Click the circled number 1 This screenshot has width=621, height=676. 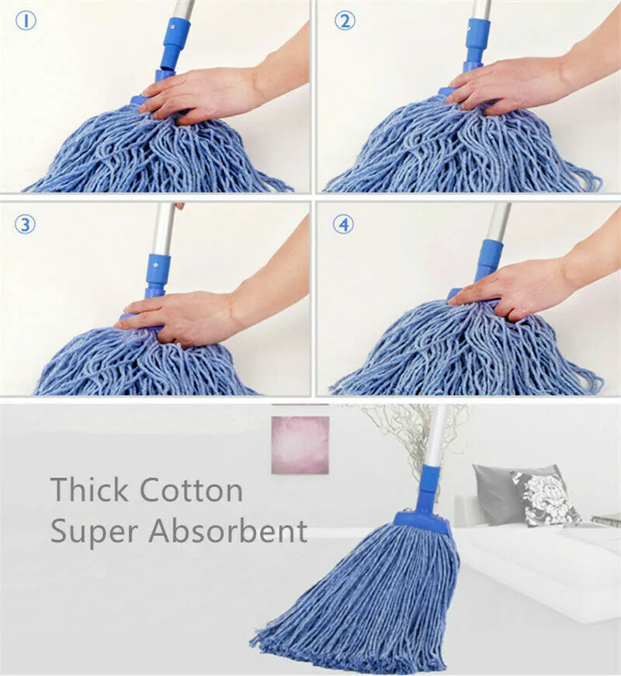click(26, 21)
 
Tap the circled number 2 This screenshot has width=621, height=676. click(345, 20)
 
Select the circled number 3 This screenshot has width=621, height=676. click(25, 224)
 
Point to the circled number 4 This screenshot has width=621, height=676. click(343, 224)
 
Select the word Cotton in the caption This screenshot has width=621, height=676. click(192, 490)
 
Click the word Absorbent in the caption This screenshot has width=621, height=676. click(227, 530)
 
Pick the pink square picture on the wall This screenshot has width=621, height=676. click(300, 445)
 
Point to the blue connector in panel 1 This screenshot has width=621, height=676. click(172, 47)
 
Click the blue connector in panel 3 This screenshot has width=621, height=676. click(156, 276)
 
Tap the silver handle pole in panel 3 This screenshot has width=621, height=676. click(164, 229)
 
